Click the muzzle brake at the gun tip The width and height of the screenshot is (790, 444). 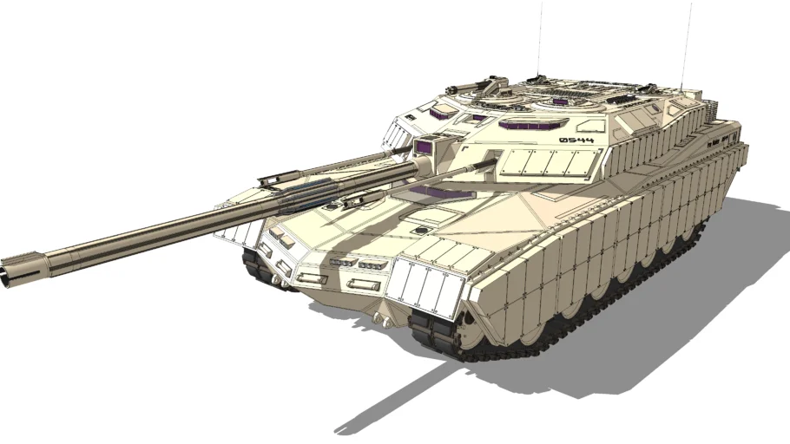(19, 269)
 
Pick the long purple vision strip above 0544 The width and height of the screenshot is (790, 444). (533, 124)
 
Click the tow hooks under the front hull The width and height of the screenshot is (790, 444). (378, 319)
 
